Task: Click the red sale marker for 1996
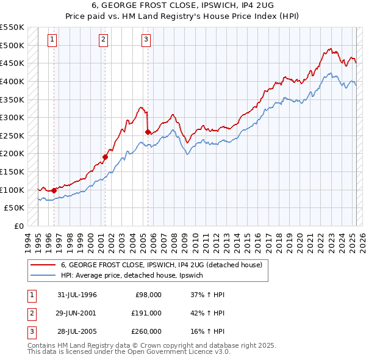tap(54, 190)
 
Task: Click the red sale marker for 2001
tap(105, 157)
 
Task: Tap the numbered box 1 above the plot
tap(52, 40)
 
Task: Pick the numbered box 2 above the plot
tap(104, 40)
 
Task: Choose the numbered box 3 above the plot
tap(146, 40)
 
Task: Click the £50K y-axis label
tap(15, 208)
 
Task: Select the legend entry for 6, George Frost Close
tap(161, 265)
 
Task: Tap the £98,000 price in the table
tap(148, 295)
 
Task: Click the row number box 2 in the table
tap(31, 313)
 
